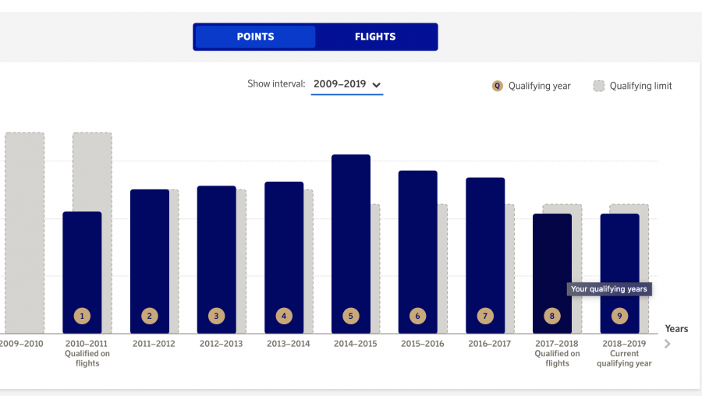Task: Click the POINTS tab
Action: click(x=255, y=37)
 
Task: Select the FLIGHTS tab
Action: click(x=375, y=37)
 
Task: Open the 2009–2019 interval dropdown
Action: click(x=347, y=84)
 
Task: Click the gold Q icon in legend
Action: click(x=497, y=86)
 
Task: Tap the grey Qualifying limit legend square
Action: click(x=599, y=86)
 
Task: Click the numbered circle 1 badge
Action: click(x=82, y=316)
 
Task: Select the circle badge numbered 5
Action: click(x=351, y=316)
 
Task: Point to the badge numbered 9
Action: click(x=619, y=316)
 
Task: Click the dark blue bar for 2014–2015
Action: click(x=351, y=234)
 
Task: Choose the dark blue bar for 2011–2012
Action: click(x=150, y=249)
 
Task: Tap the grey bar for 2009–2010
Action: click(x=24, y=234)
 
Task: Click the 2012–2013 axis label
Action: click(x=222, y=344)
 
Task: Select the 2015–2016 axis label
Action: click(x=422, y=344)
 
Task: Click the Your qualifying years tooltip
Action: click(x=609, y=289)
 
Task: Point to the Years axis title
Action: click(x=676, y=329)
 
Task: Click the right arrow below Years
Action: click(x=667, y=344)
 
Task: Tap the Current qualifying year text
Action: click(x=623, y=359)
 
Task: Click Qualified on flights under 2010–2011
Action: click(x=87, y=359)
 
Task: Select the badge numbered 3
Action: click(x=216, y=316)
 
